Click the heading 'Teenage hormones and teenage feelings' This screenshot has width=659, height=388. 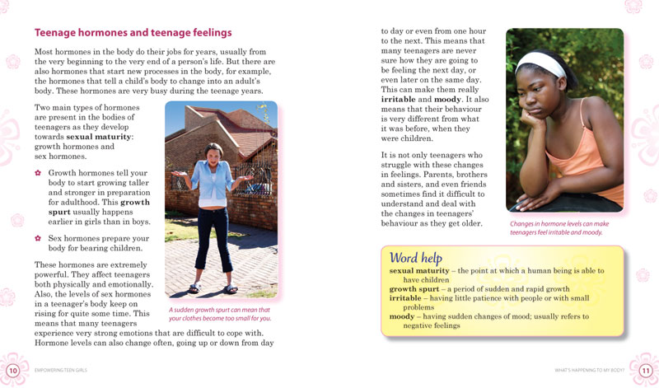pos(133,33)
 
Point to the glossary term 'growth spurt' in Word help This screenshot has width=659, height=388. pos(415,289)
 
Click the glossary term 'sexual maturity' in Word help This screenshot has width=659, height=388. pos(422,270)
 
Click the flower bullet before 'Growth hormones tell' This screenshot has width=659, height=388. pos(38,173)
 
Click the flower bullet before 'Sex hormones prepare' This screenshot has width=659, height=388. pos(38,237)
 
